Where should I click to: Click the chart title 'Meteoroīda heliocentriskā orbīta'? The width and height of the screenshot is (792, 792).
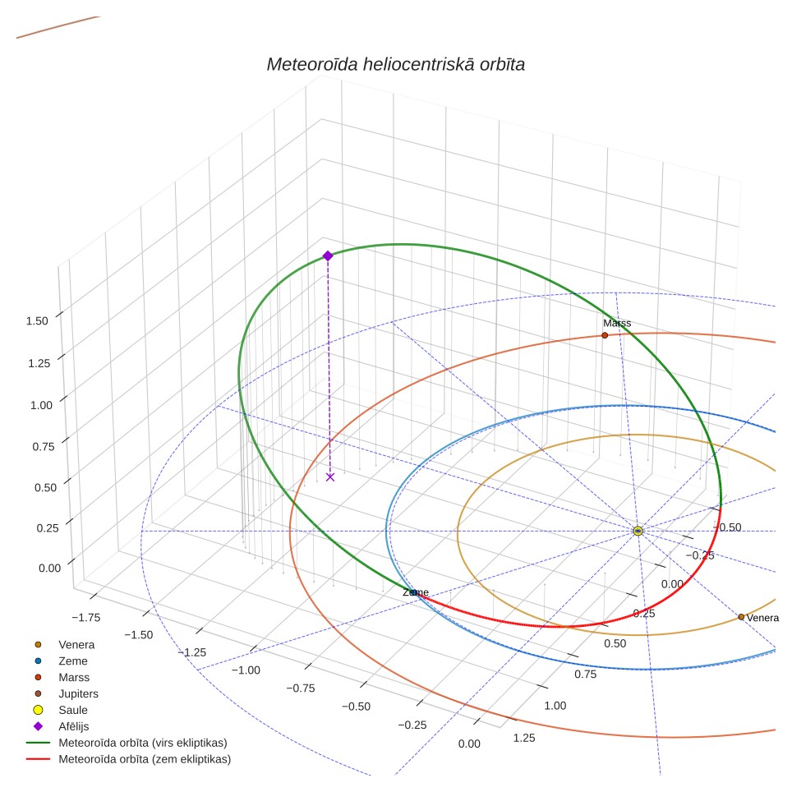(x=395, y=65)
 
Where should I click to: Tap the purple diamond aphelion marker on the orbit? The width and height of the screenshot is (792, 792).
(x=328, y=256)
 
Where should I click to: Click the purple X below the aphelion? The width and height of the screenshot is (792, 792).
(x=330, y=477)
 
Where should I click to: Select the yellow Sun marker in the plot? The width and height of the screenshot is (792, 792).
(x=638, y=531)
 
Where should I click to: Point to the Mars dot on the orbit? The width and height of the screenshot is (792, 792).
(x=605, y=335)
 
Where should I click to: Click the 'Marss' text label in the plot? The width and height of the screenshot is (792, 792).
(x=617, y=323)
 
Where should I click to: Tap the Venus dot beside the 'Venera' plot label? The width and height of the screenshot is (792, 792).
(x=741, y=617)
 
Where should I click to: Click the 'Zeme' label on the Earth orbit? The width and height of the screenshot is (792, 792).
(x=416, y=592)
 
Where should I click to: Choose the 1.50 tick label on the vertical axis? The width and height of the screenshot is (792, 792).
(x=37, y=321)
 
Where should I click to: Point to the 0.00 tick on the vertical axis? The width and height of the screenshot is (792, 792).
(x=49, y=569)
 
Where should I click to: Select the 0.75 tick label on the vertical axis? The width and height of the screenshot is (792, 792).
(x=44, y=446)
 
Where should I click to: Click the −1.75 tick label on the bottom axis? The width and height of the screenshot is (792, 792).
(x=86, y=617)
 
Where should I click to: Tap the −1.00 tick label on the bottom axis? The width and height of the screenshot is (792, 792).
(x=246, y=670)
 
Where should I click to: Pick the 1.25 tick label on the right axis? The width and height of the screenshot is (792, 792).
(x=524, y=738)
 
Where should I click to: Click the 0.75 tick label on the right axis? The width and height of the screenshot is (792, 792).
(x=586, y=675)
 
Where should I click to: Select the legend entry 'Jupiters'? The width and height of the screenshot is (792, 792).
(x=78, y=693)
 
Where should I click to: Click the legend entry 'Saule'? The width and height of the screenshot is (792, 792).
(x=73, y=710)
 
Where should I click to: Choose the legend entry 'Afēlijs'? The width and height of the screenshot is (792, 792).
(x=74, y=726)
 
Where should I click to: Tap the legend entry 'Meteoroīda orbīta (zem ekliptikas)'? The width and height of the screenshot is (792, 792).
(x=145, y=759)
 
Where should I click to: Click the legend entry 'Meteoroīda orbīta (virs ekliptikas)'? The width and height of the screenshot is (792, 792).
(x=143, y=743)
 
